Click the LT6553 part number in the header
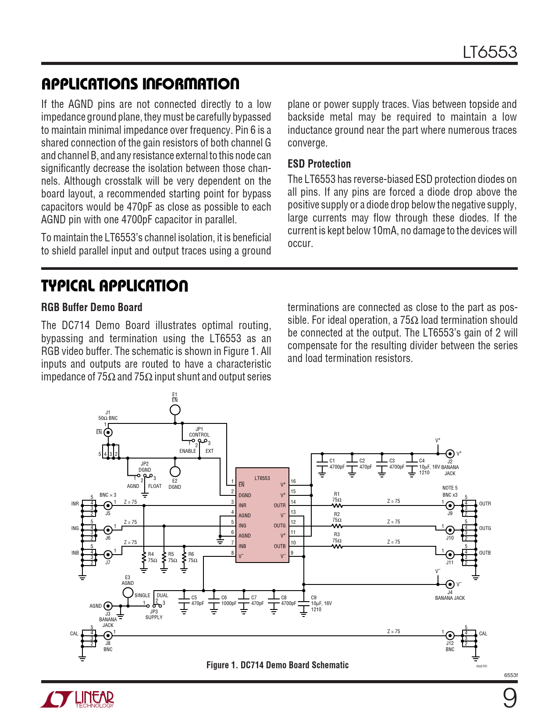click(x=490, y=52)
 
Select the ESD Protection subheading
click(x=319, y=164)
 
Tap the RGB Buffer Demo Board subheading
click(x=92, y=307)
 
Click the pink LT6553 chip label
click(x=262, y=478)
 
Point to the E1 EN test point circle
click(x=175, y=410)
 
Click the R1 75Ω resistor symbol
click(x=337, y=505)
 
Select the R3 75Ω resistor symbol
click(x=337, y=546)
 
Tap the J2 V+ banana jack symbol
click(x=450, y=454)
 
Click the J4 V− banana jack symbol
click(x=450, y=584)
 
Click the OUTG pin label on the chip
click(x=280, y=526)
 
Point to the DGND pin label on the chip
click(x=245, y=495)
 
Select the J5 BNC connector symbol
click(x=108, y=505)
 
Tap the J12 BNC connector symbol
click(x=450, y=635)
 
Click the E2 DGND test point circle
click(x=175, y=472)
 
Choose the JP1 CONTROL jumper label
click(x=199, y=432)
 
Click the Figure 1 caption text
click(x=278, y=665)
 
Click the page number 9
click(x=509, y=699)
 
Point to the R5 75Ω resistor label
click(x=172, y=557)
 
